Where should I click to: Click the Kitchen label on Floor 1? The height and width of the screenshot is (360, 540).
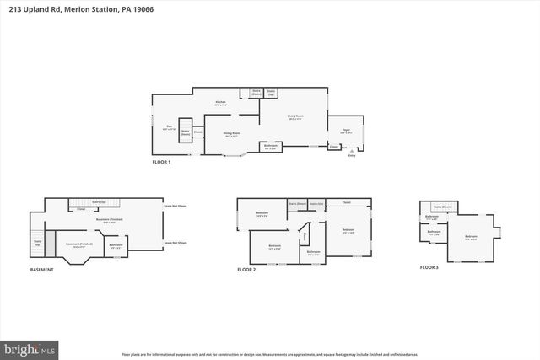tap(220, 103)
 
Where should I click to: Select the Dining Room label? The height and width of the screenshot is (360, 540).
tap(231, 133)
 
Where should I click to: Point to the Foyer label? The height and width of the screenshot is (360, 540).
tap(346, 131)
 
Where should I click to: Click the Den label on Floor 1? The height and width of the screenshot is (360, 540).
tap(168, 126)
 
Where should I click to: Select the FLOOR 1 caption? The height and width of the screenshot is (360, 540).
tap(161, 161)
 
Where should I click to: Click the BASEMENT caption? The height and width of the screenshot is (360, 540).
tap(42, 270)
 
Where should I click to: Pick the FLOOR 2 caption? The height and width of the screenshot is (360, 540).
tap(246, 270)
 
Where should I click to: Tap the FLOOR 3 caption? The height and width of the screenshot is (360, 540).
tap(429, 266)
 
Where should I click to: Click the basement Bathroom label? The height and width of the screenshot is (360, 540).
tap(116, 245)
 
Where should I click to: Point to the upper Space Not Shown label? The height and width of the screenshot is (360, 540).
tap(175, 207)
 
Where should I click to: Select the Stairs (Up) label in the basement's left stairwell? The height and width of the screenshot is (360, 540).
tap(38, 243)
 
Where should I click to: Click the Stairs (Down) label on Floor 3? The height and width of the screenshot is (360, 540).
tap(442, 206)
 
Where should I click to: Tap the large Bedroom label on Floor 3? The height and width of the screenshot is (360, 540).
tap(471, 236)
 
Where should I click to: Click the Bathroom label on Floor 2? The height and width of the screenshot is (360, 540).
tap(313, 252)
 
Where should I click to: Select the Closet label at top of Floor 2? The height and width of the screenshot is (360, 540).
tap(345, 202)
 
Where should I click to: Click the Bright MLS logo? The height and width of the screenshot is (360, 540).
tap(30, 347)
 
